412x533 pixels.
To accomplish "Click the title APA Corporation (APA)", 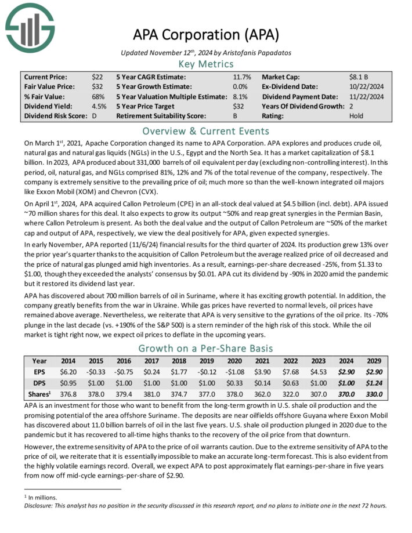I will [206, 34].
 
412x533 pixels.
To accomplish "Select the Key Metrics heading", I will [206, 64].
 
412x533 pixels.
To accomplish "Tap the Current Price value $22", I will [97, 77].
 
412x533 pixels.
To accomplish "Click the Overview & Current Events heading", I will [206, 130].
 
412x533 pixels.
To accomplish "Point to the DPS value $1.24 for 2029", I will [374, 383].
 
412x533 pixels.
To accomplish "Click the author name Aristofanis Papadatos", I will [257, 52].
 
